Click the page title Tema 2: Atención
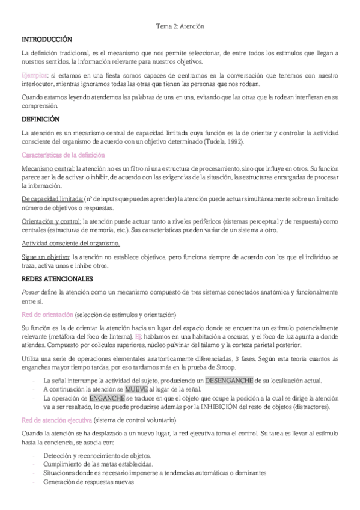pos(180,27)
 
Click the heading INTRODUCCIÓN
pos(47,39)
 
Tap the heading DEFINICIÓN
pos(40,119)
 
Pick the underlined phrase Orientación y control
pos(51,222)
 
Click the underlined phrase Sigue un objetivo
pos(46,257)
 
